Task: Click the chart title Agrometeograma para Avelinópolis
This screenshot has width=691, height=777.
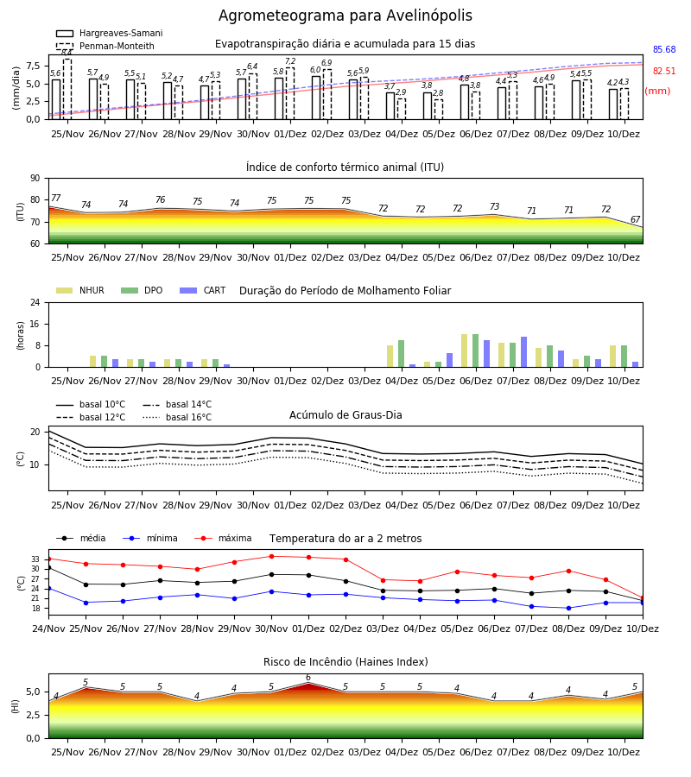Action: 345,16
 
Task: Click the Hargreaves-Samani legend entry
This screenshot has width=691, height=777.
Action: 110,33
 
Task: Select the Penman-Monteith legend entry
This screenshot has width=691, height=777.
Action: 105,46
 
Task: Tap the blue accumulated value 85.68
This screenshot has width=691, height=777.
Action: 664,49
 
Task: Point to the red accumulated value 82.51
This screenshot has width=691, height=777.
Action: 664,71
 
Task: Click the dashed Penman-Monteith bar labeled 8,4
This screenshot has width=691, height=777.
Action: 67,89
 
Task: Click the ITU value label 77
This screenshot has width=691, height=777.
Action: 55,199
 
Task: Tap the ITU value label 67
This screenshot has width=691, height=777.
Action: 635,219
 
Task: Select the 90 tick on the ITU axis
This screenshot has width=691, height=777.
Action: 35,179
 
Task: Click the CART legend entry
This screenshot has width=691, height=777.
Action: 203,290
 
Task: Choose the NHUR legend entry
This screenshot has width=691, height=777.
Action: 80,290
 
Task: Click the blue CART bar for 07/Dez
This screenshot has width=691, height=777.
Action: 524,352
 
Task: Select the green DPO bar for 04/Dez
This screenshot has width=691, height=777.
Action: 401,354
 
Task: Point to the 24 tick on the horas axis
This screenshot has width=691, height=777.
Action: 35,302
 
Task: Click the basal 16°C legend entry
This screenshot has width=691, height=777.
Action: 177,417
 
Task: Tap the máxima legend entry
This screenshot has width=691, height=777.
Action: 224,538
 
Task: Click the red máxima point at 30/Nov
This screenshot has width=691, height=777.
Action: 271,557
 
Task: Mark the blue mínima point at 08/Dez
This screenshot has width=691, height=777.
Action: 568,608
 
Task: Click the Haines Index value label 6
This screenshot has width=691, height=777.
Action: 308,678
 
